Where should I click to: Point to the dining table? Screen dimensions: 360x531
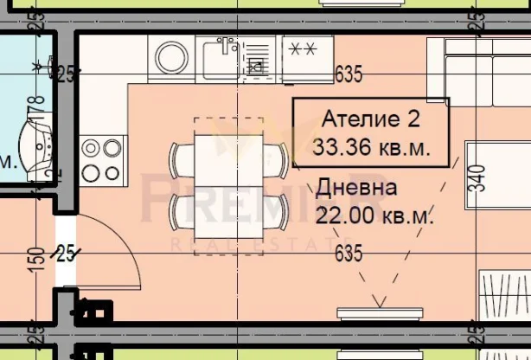tap(229, 184)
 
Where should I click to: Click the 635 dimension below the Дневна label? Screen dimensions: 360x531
tap(346, 254)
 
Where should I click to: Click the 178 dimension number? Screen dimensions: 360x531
tap(36, 111)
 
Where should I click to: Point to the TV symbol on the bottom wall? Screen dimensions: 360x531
tap(377, 308)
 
